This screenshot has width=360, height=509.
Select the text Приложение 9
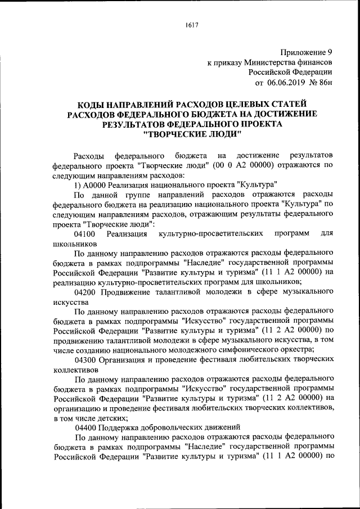click(x=307, y=51)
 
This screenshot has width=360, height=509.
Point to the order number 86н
click(x=322, y=83)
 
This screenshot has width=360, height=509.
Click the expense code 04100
click(x=85, y=233)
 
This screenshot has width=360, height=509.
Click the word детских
click(x=109, y=418)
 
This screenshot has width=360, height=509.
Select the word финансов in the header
click(x=316, y=62)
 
